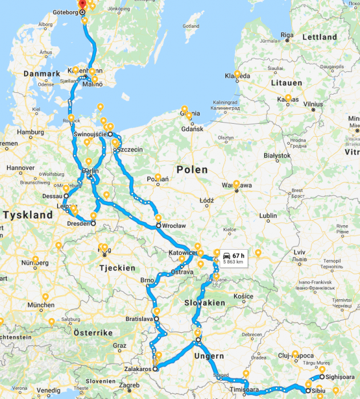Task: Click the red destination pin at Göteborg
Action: coord(82,3)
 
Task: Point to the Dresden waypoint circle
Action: coord(93,224)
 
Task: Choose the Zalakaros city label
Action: coord(136,369)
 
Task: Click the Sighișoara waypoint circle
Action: coord(322,376)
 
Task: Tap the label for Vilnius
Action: coord(313,104)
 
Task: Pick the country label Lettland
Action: coord(319,37)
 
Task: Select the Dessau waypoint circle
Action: coord(66,196)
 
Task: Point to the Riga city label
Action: coord(286,35)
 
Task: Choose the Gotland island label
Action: coord(191,26)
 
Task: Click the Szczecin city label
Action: coord(131,149)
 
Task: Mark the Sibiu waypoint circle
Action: coord(308,390)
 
